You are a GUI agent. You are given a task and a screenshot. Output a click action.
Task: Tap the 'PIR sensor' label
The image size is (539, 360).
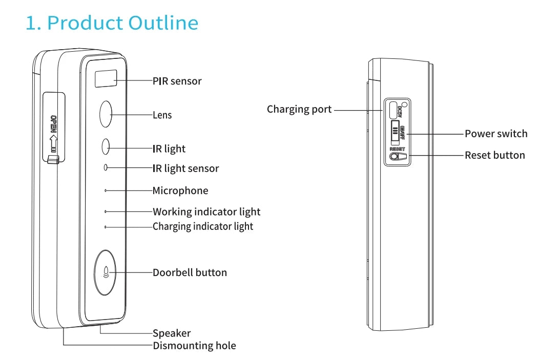177,81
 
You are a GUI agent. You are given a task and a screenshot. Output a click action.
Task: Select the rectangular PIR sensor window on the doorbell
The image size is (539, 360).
106,79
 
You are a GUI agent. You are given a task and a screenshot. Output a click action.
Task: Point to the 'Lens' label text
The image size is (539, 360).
162,115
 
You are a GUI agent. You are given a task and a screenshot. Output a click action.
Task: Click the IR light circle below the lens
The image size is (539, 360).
106,147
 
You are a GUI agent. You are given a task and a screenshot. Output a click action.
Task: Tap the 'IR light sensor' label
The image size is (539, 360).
185,168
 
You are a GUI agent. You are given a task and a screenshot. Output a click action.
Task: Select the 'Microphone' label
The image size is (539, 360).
180,191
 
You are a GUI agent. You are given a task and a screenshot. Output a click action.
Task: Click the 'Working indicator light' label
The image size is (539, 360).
206,212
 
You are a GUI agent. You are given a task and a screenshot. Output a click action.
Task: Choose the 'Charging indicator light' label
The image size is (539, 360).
203,226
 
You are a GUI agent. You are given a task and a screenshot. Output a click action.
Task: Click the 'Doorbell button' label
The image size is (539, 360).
190,272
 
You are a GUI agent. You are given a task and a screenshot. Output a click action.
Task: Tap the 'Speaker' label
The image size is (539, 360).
172,333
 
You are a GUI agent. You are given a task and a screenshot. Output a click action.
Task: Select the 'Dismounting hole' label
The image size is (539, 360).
194,346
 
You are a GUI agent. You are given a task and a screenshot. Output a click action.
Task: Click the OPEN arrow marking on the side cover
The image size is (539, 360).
53,136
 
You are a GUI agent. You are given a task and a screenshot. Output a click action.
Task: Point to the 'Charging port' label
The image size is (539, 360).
299,109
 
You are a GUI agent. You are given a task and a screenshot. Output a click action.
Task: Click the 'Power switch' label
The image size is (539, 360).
496,134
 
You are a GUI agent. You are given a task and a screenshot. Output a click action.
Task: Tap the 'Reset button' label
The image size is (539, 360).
495,155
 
